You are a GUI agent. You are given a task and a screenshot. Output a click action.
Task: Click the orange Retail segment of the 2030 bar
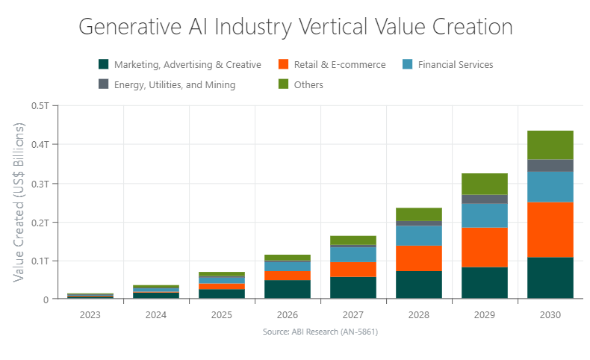[x=550, y=230]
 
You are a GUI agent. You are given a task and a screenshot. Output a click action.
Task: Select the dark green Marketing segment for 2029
[x=485, y=283]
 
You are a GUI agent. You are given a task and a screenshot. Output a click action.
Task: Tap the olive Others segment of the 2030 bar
[x=550, y=145]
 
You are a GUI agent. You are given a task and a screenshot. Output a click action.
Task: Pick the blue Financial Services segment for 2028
[x=419, y=236]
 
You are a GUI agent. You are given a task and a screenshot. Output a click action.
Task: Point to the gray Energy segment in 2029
[x=485, y=199]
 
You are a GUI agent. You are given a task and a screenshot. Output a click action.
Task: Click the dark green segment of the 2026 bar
[x=288, y=290]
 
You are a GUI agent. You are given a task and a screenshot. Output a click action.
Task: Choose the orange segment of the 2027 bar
[x=353, y=270]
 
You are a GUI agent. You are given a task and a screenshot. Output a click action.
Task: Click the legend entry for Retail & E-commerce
[x=338, y=65]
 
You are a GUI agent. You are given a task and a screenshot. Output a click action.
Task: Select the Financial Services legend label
[x=455, y=65]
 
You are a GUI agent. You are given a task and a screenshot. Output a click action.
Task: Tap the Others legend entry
[x=308, y=85]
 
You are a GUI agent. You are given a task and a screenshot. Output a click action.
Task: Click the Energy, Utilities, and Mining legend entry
[x=174, y=85]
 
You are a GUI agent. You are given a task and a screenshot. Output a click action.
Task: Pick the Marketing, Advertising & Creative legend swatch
[x=104, y=65]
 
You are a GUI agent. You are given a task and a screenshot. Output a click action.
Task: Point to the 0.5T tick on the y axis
[x=40, y=105]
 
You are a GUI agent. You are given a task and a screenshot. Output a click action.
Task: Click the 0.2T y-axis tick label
[x=40, y=222]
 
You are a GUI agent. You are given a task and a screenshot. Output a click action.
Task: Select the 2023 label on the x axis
[x=90, y=315]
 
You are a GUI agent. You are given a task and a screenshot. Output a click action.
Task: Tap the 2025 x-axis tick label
[x=222, y=315]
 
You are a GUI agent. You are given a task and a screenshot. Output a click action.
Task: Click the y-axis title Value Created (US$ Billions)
[x=19, y=202]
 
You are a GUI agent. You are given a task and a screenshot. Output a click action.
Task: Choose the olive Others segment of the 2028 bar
[x=419, y=214]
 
